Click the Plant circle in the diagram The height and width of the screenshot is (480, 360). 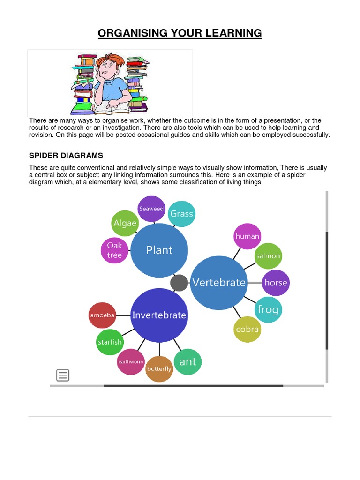click(x=159, y=250)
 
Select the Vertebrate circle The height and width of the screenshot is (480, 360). click(x=219, y=283)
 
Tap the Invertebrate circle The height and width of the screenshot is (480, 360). click(x=159, y=315)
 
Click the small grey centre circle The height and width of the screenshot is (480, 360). click(x=179, y=283)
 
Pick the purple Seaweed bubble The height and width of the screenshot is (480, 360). click(x=151, y=209)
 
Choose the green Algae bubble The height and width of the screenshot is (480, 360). click(x=125, y=223)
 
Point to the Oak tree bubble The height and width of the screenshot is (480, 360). click(x=114, y=250)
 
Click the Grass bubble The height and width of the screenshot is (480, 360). click(x=181, y=214)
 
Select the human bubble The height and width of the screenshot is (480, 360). click(x=247, y=236)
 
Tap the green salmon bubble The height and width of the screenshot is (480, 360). click(x=268, y=256)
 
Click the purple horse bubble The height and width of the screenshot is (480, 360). click(x=275, y=283)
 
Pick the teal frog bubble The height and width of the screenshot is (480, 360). click(x=268, y=309)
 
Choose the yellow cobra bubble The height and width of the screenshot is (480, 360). click(x=247, y=329)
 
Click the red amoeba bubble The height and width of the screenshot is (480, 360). click(x=102, y=315)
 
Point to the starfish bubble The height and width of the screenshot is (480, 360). click(x=110, y=342)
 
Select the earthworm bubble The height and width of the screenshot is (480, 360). click(x=130, y=361)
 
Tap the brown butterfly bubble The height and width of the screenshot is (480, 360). click(x=159, y=369)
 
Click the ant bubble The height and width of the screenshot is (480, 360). click(x=187, y=361)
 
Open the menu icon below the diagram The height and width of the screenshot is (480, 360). click(x=63, y=375)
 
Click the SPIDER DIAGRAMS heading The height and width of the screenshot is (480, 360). click(x=66, y=155)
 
